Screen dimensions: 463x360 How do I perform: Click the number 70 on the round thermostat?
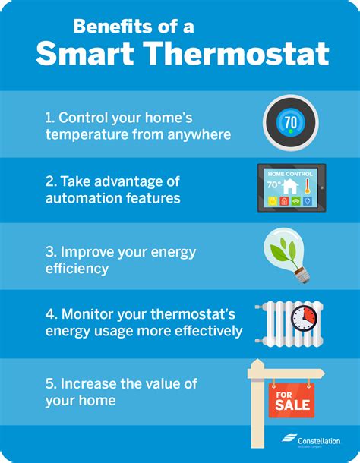pyautogui.click(x=291, y=121)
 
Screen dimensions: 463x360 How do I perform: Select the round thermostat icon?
pyautogui.click(x=291, y=121)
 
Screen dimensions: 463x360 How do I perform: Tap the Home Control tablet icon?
pyautogui.click(x=292, y=187)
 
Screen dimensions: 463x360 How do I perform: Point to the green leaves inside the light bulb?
pyautogui.click(x=285, y=247)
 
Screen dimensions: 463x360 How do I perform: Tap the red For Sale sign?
pyautogui.click(x=290, y=399)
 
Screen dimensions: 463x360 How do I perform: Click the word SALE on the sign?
pyautogui.click(x=290, y=405)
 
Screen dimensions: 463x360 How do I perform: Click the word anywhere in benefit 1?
pyautogui.click(x=203, y=135)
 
